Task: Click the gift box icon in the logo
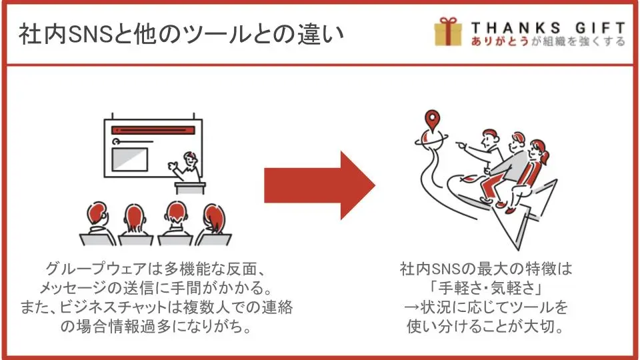coord(448,32)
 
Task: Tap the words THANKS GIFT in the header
coord(547,27)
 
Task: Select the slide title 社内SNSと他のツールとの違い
coord(181,33)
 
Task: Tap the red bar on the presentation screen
coord(154,130)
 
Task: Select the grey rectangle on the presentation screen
coord(129,159)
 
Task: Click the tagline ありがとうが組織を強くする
coord(547,41)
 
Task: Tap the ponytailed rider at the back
coord(537,167)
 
